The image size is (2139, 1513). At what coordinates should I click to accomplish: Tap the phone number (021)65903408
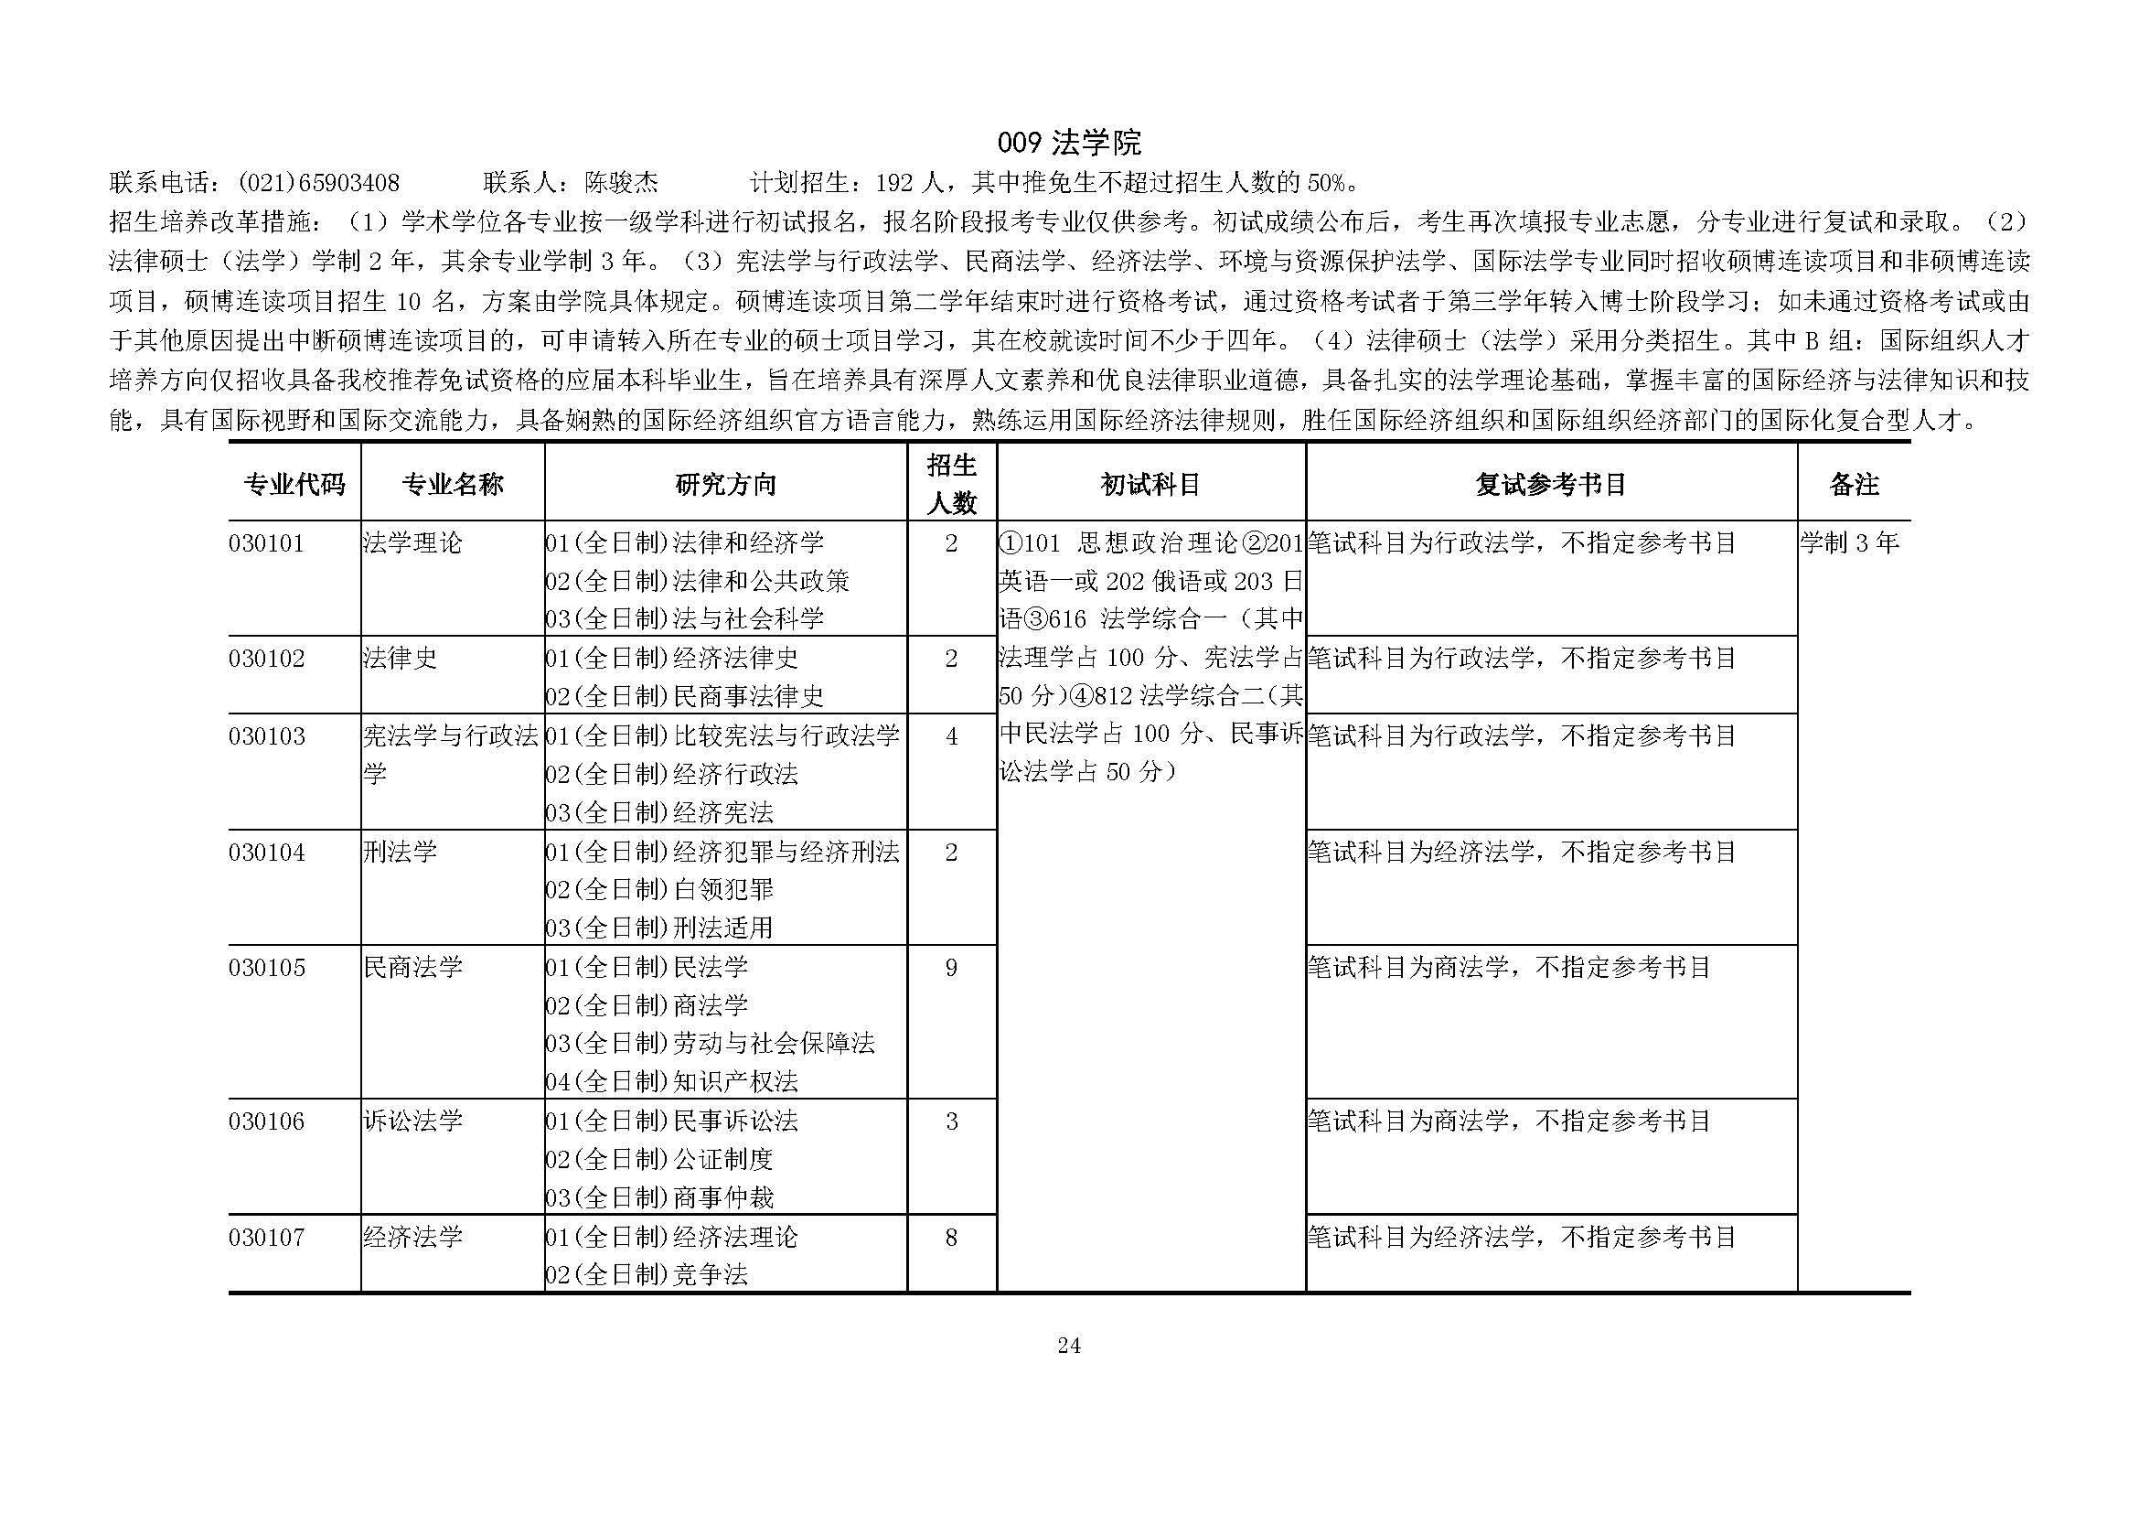(318, 183)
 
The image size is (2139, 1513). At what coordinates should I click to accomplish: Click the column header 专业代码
(294, 484)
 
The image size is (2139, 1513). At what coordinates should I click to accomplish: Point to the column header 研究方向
(725, 484)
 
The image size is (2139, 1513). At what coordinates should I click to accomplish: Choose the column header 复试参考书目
(1550, 484)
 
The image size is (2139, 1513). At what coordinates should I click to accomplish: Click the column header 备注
(1853, 484)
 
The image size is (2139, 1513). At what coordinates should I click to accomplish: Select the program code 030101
(266, 543)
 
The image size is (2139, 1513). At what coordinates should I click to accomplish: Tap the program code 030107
(266, 1238)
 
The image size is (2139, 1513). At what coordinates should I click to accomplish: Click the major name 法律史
(400, 659)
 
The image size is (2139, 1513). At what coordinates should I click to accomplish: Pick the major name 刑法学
(400, 852)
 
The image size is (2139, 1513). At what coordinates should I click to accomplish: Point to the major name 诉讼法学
(412, 1121)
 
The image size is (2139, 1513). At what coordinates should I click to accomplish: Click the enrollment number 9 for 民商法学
(951, 968)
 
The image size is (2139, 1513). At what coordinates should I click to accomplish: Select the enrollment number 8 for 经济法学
(951, 1238)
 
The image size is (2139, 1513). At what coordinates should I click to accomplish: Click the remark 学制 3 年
(1849, 543)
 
